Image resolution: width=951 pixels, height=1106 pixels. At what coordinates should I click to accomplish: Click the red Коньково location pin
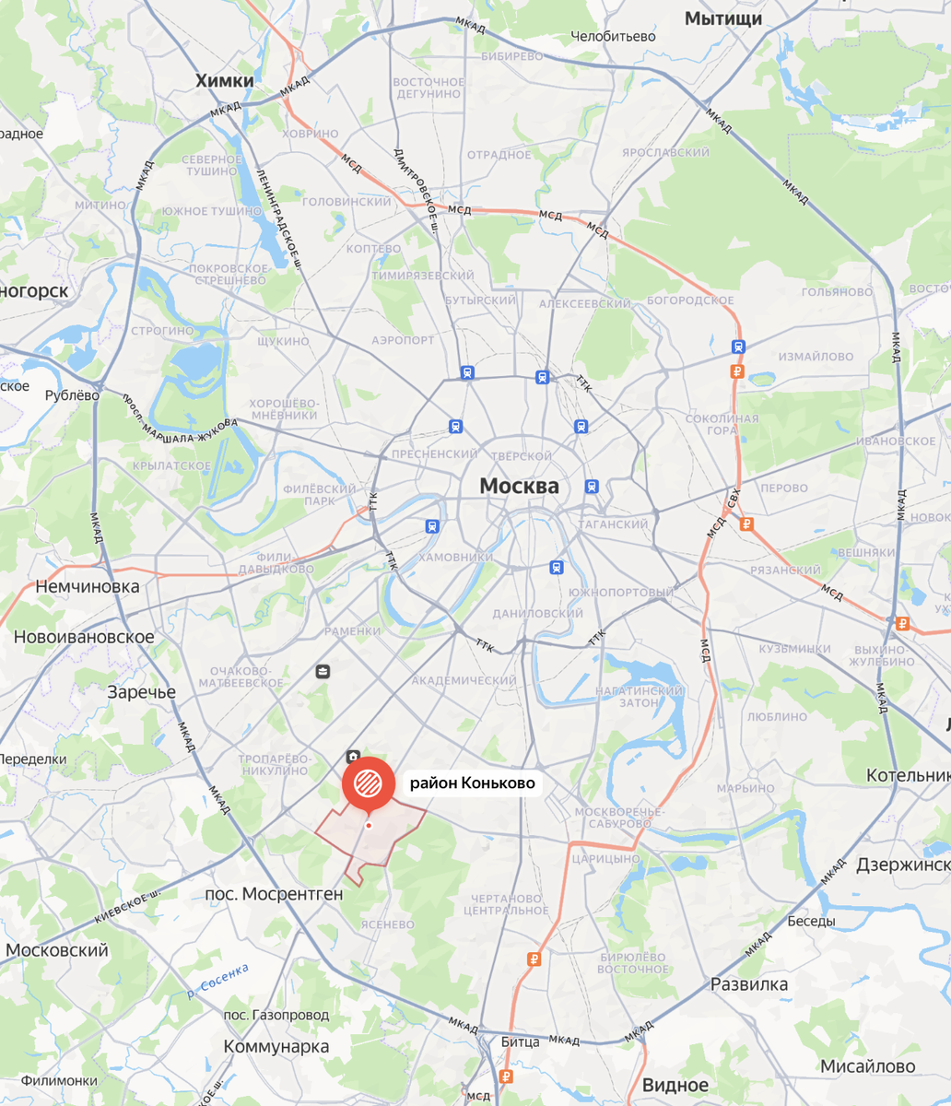click(368, 783)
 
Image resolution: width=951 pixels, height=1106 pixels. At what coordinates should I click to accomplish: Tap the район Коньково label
click(472, 783)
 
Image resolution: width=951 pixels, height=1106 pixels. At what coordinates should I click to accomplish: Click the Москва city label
click(519, 486)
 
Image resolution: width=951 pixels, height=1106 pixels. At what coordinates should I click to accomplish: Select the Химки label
click(224, 81)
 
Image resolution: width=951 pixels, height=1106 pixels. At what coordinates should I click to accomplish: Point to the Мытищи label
click(723, 18)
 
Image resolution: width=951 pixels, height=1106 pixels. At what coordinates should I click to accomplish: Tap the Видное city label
click(675, 1085)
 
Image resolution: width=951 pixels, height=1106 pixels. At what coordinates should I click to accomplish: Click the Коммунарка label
click(276, 1046)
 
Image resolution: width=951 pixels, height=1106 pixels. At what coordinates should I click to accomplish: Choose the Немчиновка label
click(87, 586)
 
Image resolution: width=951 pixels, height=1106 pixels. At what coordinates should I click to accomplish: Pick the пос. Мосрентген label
click(275, 893)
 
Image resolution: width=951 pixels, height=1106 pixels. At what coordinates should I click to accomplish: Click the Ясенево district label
click(389, 924)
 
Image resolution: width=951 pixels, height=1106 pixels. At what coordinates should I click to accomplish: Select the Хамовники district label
click(456, 558)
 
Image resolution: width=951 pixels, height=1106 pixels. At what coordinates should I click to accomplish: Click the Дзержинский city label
click(903, 865)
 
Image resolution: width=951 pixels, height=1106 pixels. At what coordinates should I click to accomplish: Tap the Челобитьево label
click(613, 36)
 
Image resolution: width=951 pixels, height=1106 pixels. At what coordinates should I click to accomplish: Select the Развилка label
click(749, 984)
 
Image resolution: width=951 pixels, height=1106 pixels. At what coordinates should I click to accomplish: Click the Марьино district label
click(746, 788)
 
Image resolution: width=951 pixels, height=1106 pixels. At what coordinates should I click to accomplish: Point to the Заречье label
click(141, 692)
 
